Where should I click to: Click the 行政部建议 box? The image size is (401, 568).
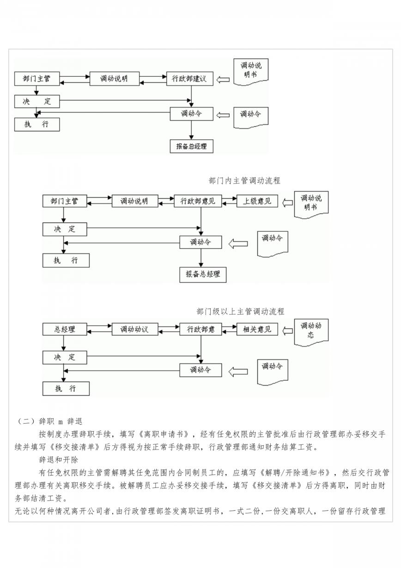[x=189, y=79]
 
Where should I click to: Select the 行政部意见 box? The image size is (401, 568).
[x=198, y=201]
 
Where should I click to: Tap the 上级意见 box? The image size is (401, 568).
[x=257, y=201]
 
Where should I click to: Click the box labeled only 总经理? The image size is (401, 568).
[x=65, y=329]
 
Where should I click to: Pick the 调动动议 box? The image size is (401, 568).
[x=135, y=329]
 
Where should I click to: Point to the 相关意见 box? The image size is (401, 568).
[x=257, y=329]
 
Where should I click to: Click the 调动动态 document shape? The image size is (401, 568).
[x=311, y=333]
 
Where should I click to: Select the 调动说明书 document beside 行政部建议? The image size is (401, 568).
[x=251, y=72]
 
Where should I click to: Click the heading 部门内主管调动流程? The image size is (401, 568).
[x=244, y=181]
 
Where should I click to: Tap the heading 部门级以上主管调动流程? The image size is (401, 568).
[x=240, y=311]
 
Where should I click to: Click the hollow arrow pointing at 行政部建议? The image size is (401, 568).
[x=223, y=80]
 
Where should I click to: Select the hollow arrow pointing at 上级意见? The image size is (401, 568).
[x=287, y=203]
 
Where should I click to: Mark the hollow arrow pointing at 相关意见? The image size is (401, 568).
[x=287, y=331]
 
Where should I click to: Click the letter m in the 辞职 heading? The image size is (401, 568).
[x=61, y=422]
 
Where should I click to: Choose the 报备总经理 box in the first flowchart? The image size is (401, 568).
[x=192, y=146]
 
